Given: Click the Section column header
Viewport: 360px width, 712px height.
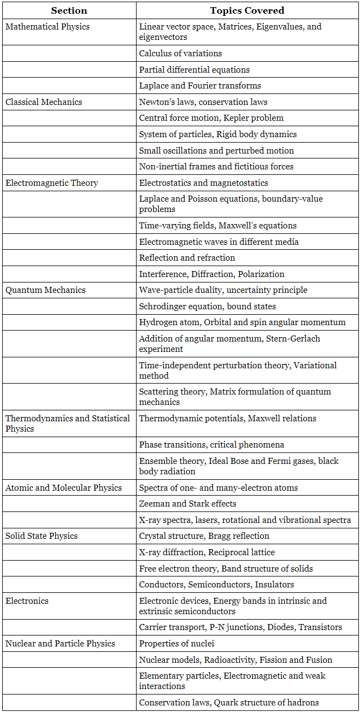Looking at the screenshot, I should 69,10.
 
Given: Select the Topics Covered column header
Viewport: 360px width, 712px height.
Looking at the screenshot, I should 247,10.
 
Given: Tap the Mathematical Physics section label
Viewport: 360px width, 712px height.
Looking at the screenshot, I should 48,26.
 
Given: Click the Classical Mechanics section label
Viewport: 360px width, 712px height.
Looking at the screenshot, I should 44,102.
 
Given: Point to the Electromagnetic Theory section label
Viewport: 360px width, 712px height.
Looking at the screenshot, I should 52,183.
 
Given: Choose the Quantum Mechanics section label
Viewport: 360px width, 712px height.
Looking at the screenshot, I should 45,290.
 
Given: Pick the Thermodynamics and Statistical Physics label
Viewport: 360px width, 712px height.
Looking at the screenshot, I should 68,423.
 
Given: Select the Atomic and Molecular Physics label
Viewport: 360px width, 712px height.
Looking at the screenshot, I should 63,487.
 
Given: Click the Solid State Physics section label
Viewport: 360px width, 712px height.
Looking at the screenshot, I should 42,536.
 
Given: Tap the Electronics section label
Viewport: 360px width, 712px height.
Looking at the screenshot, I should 27,601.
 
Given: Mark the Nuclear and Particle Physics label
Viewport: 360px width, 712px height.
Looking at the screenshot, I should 60,643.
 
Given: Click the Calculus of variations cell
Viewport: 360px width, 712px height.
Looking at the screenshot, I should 180,53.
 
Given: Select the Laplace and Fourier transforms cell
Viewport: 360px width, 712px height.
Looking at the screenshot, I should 200,85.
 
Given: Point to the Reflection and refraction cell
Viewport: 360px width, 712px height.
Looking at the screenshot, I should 187,257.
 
